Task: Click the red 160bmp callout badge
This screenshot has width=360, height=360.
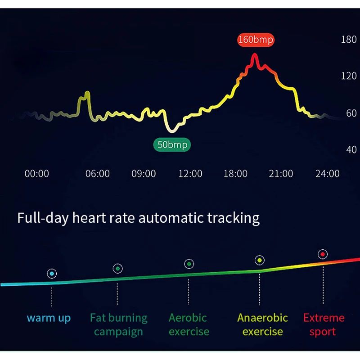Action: point(256,40)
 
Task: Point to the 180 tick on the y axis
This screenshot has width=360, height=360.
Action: point(349,40)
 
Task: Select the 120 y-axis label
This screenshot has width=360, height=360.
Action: point(349,76)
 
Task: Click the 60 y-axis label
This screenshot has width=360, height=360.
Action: point(351,113)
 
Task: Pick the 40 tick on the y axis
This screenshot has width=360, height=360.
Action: point(351,150)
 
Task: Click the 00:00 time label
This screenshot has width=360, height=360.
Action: point(36,174)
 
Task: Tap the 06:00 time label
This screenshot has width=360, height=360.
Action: point(98,174)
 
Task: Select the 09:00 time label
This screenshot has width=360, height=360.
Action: point(144,174)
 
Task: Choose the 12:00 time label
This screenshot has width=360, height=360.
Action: point(190,174)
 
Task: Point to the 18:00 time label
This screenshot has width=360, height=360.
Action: point(235,174)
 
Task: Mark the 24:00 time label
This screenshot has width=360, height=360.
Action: point(328,174)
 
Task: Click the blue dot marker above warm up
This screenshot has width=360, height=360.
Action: point(52,273)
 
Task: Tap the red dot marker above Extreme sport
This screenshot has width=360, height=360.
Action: point(322,254)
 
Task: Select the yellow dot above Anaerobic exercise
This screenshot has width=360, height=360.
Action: point(259,260)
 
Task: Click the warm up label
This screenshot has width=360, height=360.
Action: point(49,318)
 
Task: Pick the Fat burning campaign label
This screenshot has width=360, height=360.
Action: point(119,324)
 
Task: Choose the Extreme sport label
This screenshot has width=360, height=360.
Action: point(324,324)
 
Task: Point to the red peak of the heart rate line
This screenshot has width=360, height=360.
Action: point(255,56)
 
